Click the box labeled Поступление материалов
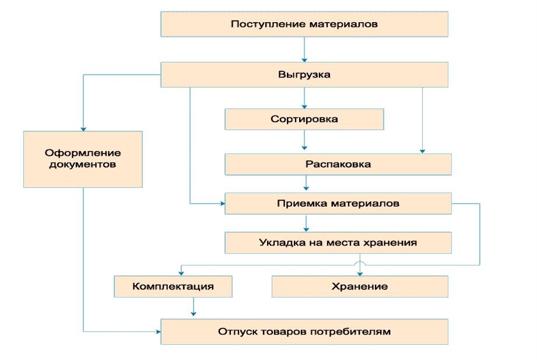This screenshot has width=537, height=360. [304, 24]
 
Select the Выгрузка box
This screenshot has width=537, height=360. [304, 75]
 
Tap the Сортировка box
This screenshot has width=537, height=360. [304, 119]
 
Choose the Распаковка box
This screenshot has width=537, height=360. [338, 164]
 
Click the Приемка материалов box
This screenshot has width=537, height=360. [338, 204]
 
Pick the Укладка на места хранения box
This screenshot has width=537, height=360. [338, 243]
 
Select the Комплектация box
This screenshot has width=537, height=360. [173, 286]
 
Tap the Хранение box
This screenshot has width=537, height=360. [360, 286]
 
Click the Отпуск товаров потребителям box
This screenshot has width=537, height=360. [304, 331]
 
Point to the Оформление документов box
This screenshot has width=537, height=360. [83, 159]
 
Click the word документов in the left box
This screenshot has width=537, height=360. [83, 164]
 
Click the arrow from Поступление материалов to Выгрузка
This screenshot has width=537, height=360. [304, 50]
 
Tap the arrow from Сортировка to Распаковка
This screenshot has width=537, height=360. [304, 140]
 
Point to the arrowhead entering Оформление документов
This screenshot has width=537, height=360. [83, 129]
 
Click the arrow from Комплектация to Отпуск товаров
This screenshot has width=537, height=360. [194, 306]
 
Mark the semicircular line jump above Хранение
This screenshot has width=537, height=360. [360, 263]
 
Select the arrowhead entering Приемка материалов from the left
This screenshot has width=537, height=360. [223, 204]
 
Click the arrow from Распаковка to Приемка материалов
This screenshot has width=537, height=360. [306, 183]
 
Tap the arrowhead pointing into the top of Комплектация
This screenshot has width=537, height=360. [181, 273]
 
